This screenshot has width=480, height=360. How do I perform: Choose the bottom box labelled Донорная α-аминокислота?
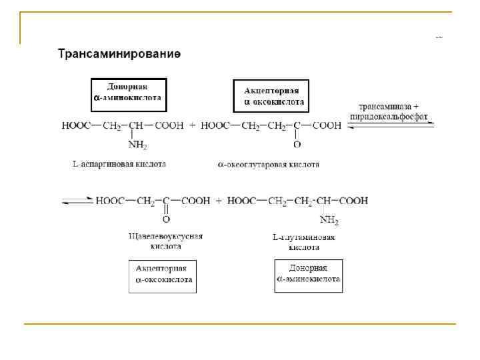(308, 274)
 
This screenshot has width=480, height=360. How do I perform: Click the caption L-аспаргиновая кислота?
(119, 163)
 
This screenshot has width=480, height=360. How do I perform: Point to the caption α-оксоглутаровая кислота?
(268, 164)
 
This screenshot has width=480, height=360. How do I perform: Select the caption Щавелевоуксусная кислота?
(165, 241)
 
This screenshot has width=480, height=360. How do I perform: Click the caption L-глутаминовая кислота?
(304, 241)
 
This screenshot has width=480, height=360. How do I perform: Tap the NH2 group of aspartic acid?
(137, 145)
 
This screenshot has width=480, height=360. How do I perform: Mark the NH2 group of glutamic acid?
(329, 220)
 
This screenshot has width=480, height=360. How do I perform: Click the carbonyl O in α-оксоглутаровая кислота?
(297, 144)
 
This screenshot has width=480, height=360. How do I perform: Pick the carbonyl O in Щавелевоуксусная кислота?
(166, 219)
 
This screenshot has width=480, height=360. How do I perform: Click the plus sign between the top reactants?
(192, 125)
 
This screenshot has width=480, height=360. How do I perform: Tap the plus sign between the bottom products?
(219, 200)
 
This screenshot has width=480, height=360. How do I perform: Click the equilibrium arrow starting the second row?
(77, 200)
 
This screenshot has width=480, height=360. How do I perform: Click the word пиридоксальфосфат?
(389, 117)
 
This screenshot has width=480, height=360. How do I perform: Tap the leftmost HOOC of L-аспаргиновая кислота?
(75, 125)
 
